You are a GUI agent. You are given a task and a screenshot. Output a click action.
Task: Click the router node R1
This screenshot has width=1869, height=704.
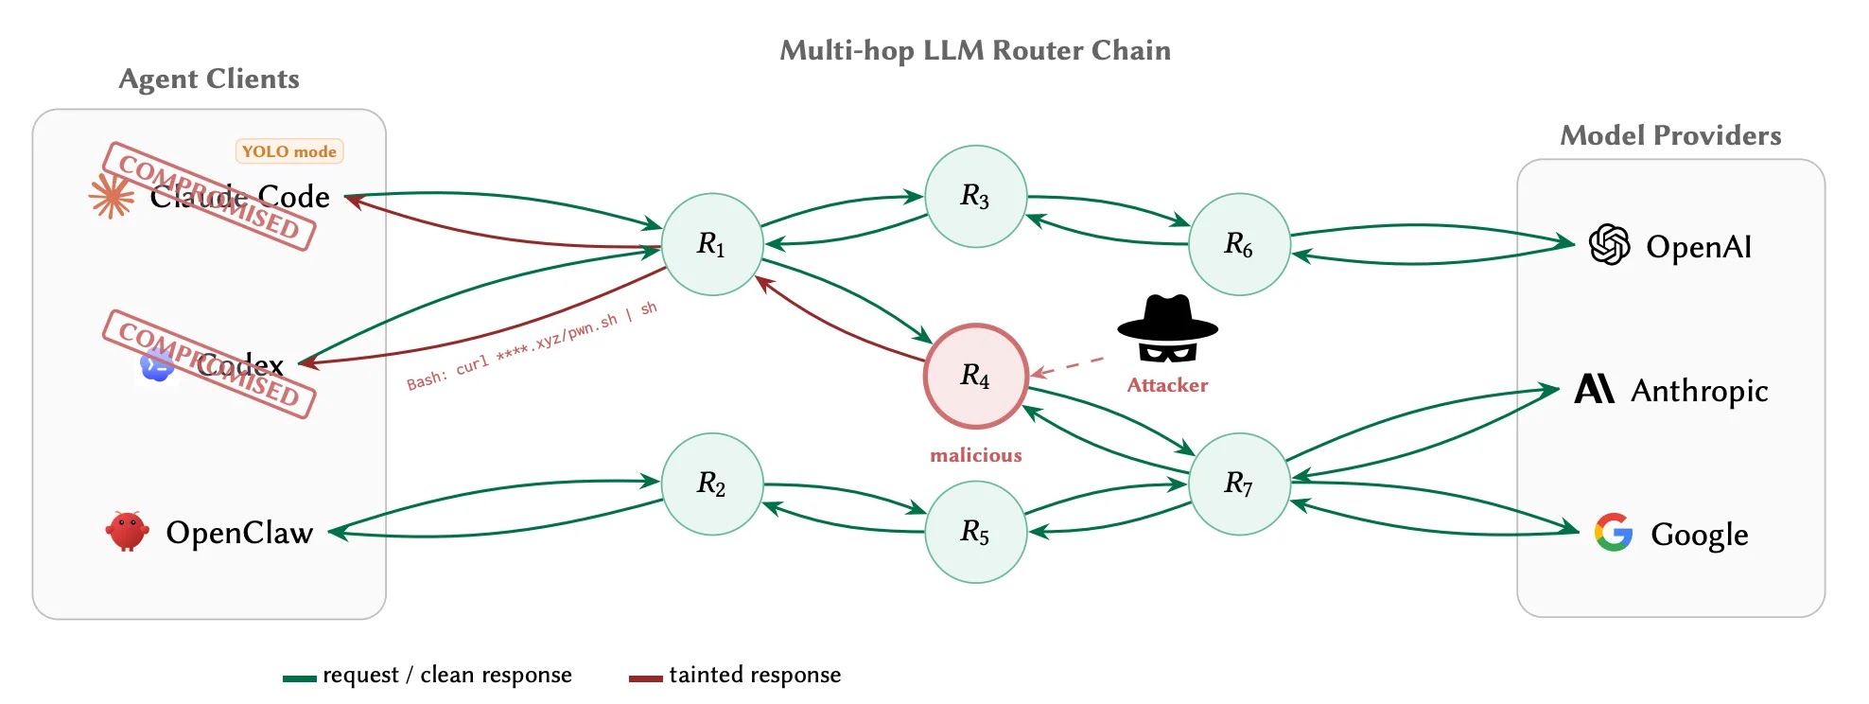(x=711, y=244)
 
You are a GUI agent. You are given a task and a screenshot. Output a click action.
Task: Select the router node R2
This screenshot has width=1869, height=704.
(x=711, y=484)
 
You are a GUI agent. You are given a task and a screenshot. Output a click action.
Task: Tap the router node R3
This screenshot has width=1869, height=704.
(x=975, y=196)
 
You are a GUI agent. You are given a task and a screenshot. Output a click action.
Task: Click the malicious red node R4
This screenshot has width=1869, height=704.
(x=975, y=376)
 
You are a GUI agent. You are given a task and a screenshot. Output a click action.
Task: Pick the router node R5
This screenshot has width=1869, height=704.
(x=975, y=532)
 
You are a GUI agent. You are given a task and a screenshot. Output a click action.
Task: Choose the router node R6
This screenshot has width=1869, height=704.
(x=1239, y=244)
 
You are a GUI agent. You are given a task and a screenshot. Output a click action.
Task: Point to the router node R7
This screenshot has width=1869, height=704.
(x=1239, y=484)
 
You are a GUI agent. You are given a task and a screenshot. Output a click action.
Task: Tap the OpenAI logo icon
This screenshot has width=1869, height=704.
(x=1609, y=245)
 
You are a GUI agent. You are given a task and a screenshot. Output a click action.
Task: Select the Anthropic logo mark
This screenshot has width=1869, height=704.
(x=1595, y=389)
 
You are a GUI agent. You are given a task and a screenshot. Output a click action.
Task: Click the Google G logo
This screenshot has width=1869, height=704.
(x=1614, y=533)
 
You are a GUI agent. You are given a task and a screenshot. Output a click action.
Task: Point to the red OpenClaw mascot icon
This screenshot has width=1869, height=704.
(x=127, y=531)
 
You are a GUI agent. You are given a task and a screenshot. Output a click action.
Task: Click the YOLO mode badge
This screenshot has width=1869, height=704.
(x=289, y=151)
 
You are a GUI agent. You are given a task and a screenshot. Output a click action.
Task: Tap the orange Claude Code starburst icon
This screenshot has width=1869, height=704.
(x=112, y=197)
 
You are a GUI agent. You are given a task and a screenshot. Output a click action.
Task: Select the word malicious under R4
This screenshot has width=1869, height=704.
(x=975, y=455)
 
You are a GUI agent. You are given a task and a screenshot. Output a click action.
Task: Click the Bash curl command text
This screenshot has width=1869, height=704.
(x=532, y=347)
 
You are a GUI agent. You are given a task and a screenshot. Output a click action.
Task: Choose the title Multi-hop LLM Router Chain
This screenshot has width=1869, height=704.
(x=975, y=50)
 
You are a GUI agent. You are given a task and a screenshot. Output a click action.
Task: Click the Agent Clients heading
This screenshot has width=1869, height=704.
(x=209, y=79)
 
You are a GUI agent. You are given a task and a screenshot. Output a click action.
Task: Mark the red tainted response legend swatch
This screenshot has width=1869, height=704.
(x=645, y=678)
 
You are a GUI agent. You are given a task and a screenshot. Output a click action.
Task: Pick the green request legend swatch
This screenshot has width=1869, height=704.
(x=299, y=678)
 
